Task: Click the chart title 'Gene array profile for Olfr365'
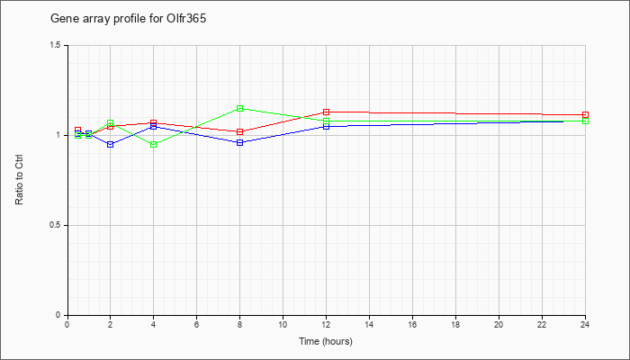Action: click(128, 19)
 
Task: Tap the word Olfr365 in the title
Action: click(186, 19)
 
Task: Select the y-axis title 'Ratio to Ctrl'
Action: click(19, 180)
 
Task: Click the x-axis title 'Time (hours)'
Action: click(326, 341)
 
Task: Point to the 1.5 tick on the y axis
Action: click(56, 45)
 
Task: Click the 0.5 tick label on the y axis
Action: click(56, 225)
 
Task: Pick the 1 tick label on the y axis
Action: click(58, 135)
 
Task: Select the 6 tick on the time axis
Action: click(196, 324)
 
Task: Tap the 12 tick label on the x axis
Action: click(326, 324)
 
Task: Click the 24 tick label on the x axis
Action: click(585, 324)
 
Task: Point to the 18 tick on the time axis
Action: click(455, 324)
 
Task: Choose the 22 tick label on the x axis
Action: click(542, 324)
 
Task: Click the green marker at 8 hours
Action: click(240, 109)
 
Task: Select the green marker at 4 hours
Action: click(154, 144)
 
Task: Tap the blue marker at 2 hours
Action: click(110, 144)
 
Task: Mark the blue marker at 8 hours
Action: click(240, 142)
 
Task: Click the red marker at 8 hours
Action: click(240, 131)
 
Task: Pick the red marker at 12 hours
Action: click(326, 112)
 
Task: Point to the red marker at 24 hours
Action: click(585, 115)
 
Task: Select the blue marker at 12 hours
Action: click(326, 127)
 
